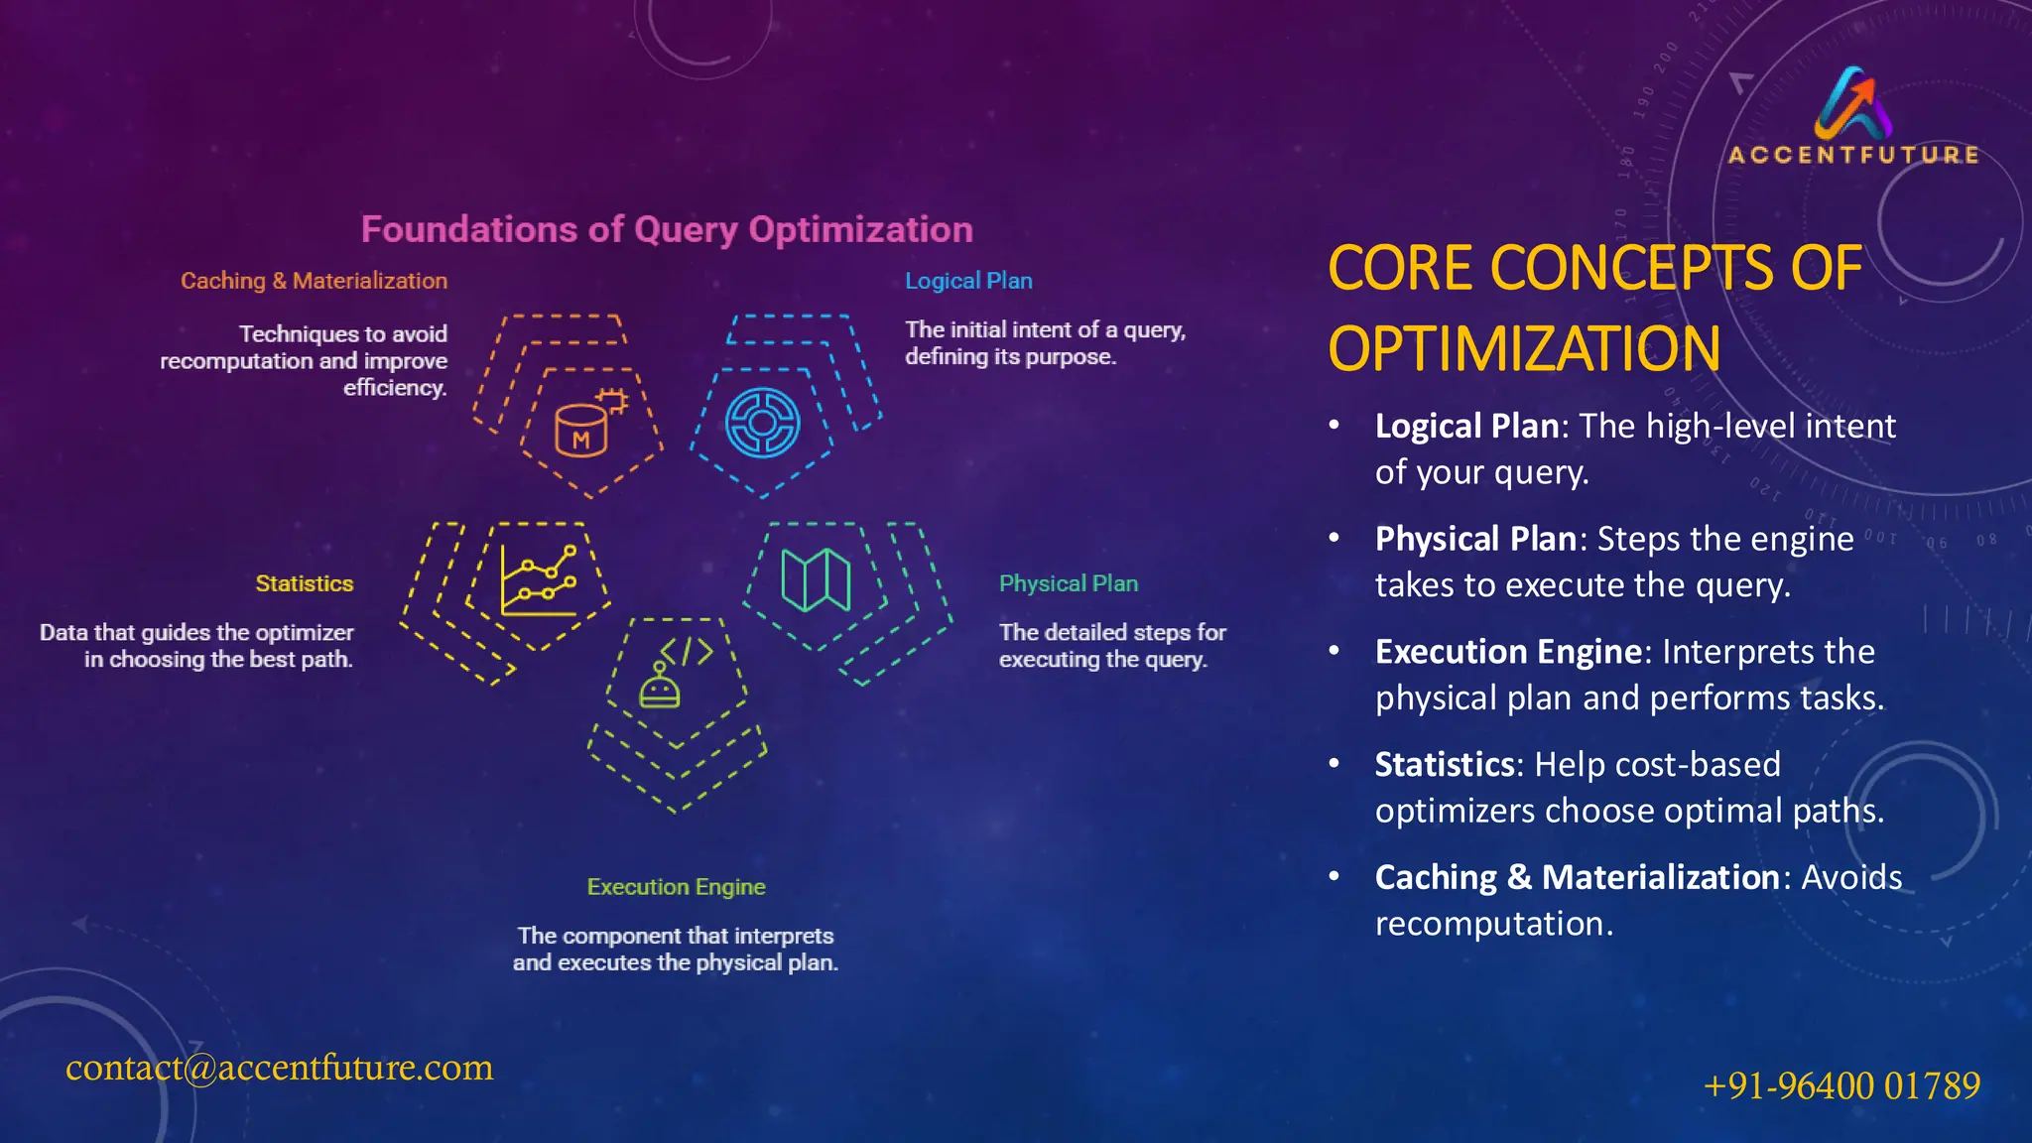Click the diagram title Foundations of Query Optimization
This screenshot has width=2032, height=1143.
pyautogui.click(x=666, y=230)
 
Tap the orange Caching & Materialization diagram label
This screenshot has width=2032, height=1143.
pyautogui.click(x=314, y=281)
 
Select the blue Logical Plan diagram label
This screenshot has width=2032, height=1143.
pyautogui.click(x=968, y=281)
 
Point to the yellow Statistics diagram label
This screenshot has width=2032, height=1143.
pyautogui.click(x=304, y=583)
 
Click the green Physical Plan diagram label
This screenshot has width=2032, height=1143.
pyautogui.click(x=1068, y=583)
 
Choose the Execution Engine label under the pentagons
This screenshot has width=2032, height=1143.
pyautogui.click(x=676, y=887)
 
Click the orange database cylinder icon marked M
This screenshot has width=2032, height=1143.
pyautogui.click(x=583, y=429)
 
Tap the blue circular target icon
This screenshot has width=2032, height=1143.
pyautogui.click(x=762, y=423)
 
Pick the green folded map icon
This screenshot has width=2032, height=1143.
pyautogui.click(x=816, y=580)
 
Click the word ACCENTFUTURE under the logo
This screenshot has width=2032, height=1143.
pyautogui.click(x=1853, y=156)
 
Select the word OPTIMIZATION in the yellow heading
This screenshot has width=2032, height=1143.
pyautogui.click(x=1524, y=349)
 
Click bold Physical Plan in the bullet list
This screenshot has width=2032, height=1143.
pyautogui.click(x=1475, y=539)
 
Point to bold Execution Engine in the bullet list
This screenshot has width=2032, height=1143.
pyautogui.click(x=1508, y=652)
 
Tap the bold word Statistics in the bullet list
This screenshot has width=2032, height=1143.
pyautogui.click(x=1445, y=765)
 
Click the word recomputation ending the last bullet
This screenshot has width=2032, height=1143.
pyautogui.click(x=1491, y=925)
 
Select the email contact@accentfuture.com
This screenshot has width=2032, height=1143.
pyautogui.click(x=279, y=1068)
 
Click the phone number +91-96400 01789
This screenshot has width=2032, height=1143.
pyautogui.click(x=1841, y=1085)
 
